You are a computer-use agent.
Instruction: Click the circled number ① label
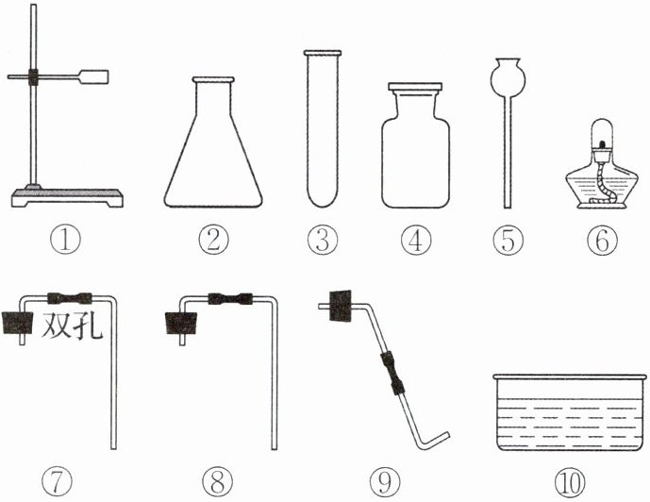[x=65, y=240]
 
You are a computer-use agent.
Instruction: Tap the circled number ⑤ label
[x=508, y=240]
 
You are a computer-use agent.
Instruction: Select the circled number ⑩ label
[x=570, y=482]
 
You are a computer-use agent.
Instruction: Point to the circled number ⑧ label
[x=217, y=482]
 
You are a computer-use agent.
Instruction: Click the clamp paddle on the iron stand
[x=93, y=76]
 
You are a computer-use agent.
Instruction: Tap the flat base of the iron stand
[x=67, y=197]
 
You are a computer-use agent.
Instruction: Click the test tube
[x=323, y=128]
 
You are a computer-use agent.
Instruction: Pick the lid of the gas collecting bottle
[x=415, y=87]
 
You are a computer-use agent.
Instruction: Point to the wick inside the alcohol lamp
[x=600, y=182]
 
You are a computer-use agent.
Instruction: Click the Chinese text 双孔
[x=72, y=326]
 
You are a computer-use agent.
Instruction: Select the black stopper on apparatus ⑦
[x=18, y=323]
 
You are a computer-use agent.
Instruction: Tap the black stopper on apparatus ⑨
[x=340, y=306]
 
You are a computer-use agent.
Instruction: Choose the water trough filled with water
[x=570, y=412]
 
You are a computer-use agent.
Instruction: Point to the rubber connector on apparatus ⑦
[x=70, y=298]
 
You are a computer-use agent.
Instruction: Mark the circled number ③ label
[x=323, y=240]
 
